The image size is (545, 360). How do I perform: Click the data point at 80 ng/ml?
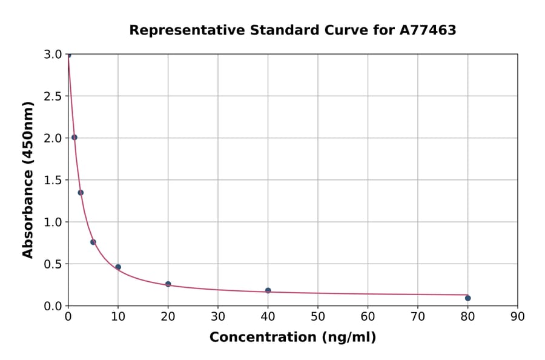point(467,298)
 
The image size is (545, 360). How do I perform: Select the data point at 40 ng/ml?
point(268,291)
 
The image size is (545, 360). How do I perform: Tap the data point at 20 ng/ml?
point(168,284)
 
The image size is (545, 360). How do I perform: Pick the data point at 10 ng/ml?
point(118,267)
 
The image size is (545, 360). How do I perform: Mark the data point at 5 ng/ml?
point(93,242)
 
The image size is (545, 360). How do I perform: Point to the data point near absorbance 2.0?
point(74,138)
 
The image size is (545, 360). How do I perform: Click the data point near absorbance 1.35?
point(81,193)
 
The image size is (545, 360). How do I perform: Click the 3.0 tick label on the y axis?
point(54,55)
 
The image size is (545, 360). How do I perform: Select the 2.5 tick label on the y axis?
point(54,96)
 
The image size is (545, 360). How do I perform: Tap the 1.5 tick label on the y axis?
point(54,180)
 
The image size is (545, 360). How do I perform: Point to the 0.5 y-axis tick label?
point(54,264)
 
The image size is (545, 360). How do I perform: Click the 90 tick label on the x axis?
point(517,316)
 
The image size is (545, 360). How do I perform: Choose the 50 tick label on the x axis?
point(317,316)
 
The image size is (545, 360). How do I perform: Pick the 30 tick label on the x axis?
point(218,316)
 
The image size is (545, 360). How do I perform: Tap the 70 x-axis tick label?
point(417,316)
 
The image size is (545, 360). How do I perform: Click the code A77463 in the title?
point(428,30)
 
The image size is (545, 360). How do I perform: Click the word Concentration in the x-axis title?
point(260,338)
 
